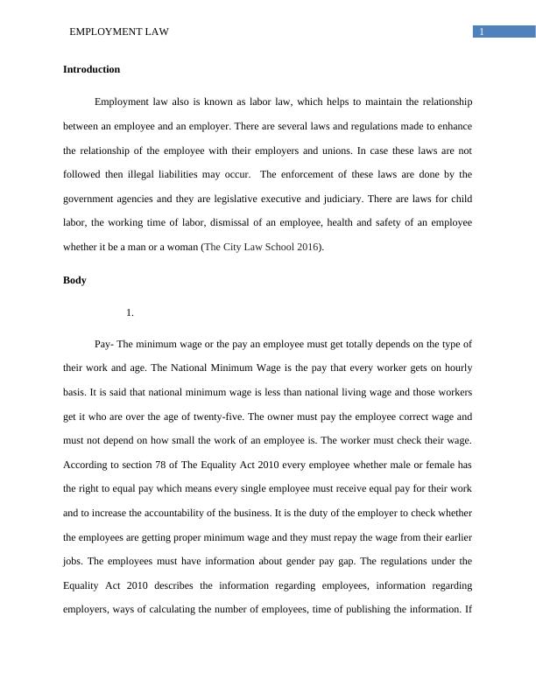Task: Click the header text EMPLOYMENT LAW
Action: pyautogui.click(x=118, y=31)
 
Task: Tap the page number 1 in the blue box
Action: pyautogui.click(x=482, y=31)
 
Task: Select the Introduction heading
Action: pyautogui.click(x=91, y=69)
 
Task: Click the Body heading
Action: pyautogui.click(x=74, y=281)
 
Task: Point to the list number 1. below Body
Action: pyautogui.click(x=130, y=311)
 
